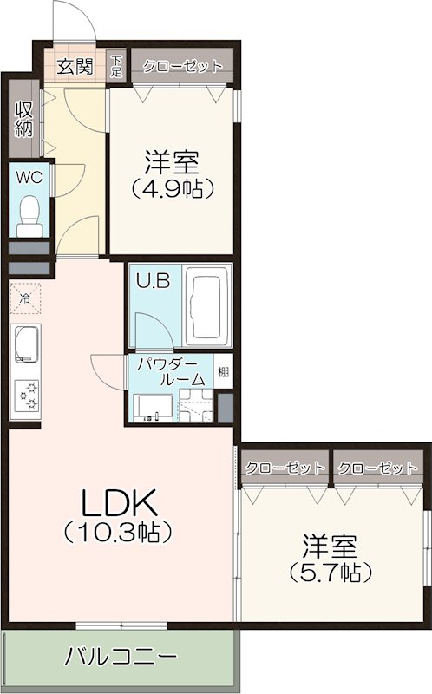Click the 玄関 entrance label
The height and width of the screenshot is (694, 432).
76,66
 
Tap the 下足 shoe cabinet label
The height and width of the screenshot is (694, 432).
116,66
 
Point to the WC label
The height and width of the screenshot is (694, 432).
29,177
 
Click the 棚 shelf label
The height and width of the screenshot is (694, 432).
224,373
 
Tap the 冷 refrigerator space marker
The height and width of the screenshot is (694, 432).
25,298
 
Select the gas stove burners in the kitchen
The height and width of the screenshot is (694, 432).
25,396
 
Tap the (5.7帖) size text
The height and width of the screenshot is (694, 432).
331,573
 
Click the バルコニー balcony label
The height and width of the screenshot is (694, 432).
121,657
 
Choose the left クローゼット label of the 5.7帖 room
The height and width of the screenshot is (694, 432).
285,468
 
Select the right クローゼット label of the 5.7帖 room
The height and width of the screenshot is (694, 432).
377,468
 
